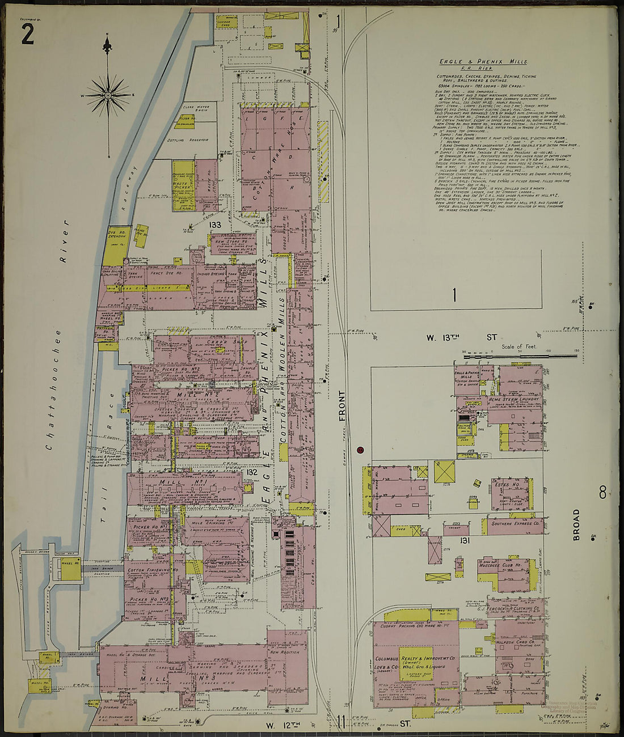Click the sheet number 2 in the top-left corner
pyautogui.click(x=27, y=35)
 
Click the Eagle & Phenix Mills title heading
pyautogui.click(x=483, y=62)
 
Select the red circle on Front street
pyautogui.click(x=360, y=451)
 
